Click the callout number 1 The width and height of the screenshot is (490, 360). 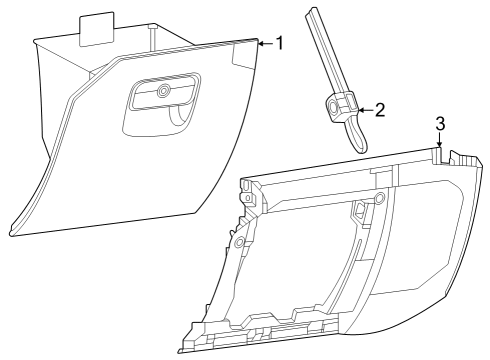tap(280, 43)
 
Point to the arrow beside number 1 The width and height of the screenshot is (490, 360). tap(264, 44)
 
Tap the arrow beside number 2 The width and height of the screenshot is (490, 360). tap(364, 110)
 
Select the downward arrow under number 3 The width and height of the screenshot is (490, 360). tap(439, 145)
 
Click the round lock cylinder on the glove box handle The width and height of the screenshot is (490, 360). tap(163, 92)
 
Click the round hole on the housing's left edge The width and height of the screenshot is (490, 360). tap(239, 242)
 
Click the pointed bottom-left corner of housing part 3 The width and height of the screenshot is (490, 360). tap(180, 350)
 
